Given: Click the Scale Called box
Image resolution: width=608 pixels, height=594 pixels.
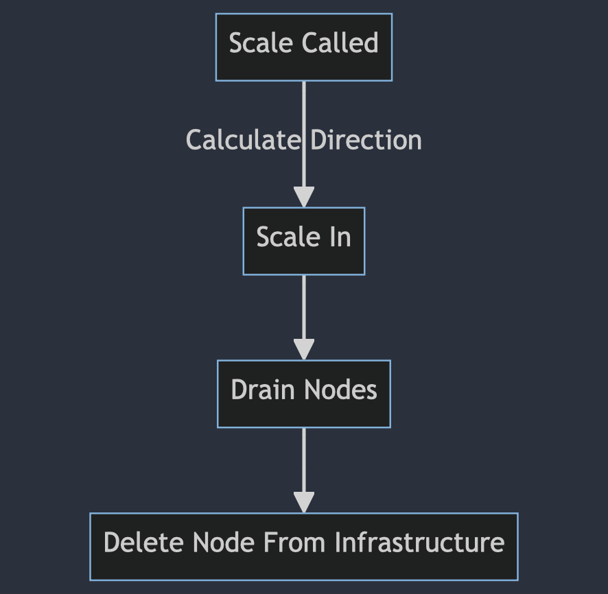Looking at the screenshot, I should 303,47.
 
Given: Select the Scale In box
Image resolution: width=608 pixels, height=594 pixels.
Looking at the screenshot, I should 303,241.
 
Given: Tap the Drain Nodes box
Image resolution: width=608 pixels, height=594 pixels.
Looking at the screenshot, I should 303,394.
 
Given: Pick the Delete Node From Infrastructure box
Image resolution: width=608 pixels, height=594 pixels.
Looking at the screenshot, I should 303,546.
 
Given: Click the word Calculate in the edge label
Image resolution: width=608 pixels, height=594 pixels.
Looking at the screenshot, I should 244,141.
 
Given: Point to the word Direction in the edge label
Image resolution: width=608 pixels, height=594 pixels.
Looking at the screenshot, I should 366,141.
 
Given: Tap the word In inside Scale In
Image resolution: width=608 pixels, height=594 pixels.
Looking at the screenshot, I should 340,237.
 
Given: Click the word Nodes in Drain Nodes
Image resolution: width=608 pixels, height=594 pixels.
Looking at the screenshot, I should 340,390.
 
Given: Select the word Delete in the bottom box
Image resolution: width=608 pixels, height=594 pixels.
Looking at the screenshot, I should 145,543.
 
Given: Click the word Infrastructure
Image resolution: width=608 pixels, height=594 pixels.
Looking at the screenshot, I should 420,543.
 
